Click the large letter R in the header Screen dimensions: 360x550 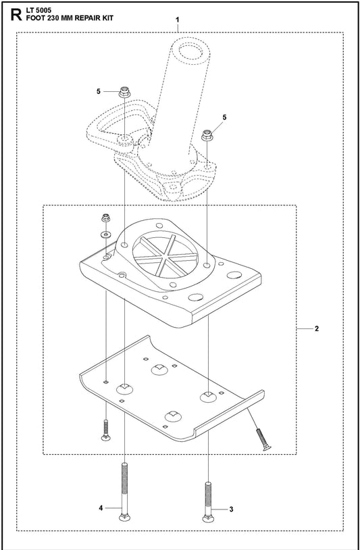16,15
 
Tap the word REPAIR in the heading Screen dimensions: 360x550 86,18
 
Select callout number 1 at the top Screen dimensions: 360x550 178,20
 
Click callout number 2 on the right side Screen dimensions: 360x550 317,328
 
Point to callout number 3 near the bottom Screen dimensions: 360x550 231,509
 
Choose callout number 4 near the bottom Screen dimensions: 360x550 101,507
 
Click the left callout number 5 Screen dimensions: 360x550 99,91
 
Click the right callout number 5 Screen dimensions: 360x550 225,117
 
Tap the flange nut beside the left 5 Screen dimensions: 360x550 124,93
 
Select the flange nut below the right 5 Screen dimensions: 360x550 207,135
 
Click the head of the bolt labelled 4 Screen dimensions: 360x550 124,518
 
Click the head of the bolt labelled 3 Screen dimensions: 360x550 207,518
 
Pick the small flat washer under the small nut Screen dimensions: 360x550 105,234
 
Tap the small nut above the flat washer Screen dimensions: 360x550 105,218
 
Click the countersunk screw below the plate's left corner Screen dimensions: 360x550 105,430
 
